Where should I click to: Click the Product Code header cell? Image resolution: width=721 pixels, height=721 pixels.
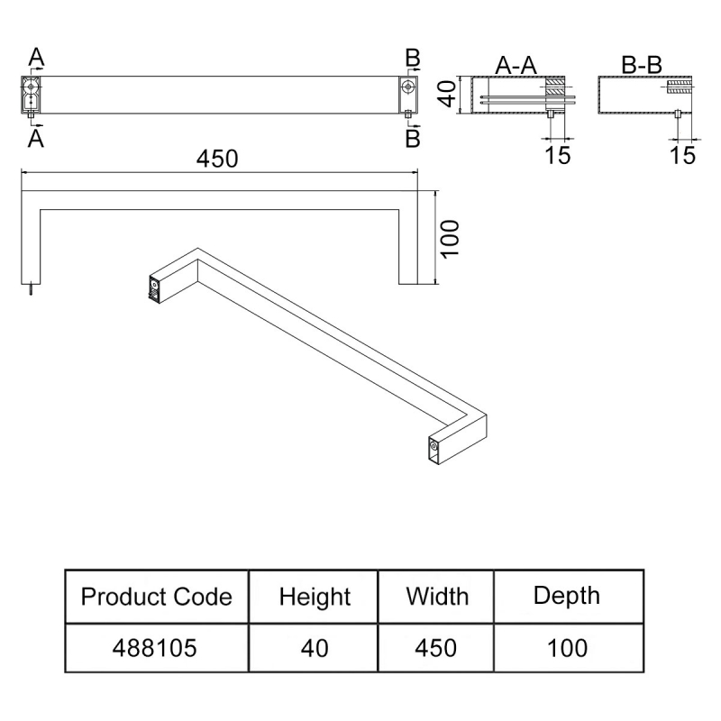(157, 597)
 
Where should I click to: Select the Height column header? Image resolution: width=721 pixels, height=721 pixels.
(315, 597)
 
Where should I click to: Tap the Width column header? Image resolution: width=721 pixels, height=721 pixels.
(437, 596)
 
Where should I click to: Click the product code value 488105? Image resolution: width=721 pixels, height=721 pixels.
(157, 647)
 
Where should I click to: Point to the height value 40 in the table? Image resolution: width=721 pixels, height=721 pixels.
(315, 647)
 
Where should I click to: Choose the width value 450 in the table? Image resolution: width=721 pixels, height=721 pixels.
(437, 647)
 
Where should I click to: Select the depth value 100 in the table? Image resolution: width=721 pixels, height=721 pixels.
(566, 647)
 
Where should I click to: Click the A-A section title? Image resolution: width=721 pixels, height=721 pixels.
(516, 64)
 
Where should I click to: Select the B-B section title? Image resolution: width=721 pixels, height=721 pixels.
(642, 64)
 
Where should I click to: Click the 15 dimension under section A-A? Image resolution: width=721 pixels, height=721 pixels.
(558, 155)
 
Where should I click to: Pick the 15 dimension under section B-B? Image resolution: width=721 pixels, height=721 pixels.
(683, 155)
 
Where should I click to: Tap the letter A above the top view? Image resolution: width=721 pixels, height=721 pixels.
(35, 58)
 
